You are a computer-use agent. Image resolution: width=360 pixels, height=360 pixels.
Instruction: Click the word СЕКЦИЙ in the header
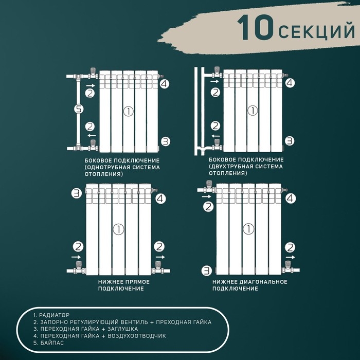tap(317, 30)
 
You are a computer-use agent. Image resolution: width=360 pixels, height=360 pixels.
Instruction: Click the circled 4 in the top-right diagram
tap(290, 82)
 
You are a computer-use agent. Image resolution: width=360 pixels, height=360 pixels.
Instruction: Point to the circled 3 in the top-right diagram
tap(290, 140)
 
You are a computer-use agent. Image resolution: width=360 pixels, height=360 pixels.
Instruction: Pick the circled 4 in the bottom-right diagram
tap(290, 197)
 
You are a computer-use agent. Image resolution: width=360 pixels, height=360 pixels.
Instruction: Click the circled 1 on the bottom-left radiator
tap(118, 229)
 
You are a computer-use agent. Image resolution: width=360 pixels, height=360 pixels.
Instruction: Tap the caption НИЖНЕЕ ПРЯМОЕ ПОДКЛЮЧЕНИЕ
tap(121, 285)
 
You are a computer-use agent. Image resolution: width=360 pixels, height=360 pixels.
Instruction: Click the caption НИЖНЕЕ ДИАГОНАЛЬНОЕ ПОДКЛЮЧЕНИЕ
tap(249, 285)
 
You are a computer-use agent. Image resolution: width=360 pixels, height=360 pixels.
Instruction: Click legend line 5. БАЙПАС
tap(48, 343)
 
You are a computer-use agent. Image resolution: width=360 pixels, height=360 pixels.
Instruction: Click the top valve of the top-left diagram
tap(93, 74)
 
